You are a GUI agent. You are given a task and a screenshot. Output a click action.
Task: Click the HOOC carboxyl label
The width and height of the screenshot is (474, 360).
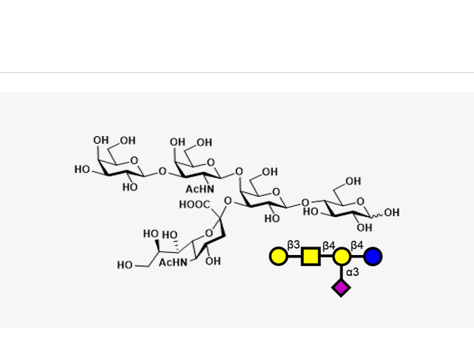pos(193,204)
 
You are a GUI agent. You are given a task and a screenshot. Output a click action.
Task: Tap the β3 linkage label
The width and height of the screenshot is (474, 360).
pos(293,245)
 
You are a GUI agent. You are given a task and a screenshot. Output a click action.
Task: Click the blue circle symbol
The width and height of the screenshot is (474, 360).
pos(373,256)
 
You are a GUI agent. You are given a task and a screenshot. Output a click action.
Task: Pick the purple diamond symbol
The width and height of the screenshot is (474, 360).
pos(341,288)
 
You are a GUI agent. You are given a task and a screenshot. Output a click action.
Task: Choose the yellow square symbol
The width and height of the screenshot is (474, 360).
pos(311,256)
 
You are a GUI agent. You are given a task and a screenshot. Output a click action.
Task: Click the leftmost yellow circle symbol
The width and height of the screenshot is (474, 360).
pos(278,256)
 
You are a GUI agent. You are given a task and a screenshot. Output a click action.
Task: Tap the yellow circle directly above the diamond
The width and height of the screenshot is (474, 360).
pos(341,256)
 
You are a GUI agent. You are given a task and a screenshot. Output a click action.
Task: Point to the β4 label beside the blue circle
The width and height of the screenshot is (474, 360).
pos(357,245)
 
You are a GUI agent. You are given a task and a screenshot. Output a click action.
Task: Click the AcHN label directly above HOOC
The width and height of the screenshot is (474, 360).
pos(199,189)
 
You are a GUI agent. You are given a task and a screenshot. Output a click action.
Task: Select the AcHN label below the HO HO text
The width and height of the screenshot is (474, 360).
pos(173,263)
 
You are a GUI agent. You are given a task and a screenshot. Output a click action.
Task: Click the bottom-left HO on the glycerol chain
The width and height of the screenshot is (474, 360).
pos(125,265)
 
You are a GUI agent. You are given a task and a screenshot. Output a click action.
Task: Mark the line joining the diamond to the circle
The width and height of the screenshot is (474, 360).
pos(341,272)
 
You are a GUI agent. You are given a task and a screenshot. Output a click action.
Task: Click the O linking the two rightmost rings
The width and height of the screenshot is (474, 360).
pos(305,204)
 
